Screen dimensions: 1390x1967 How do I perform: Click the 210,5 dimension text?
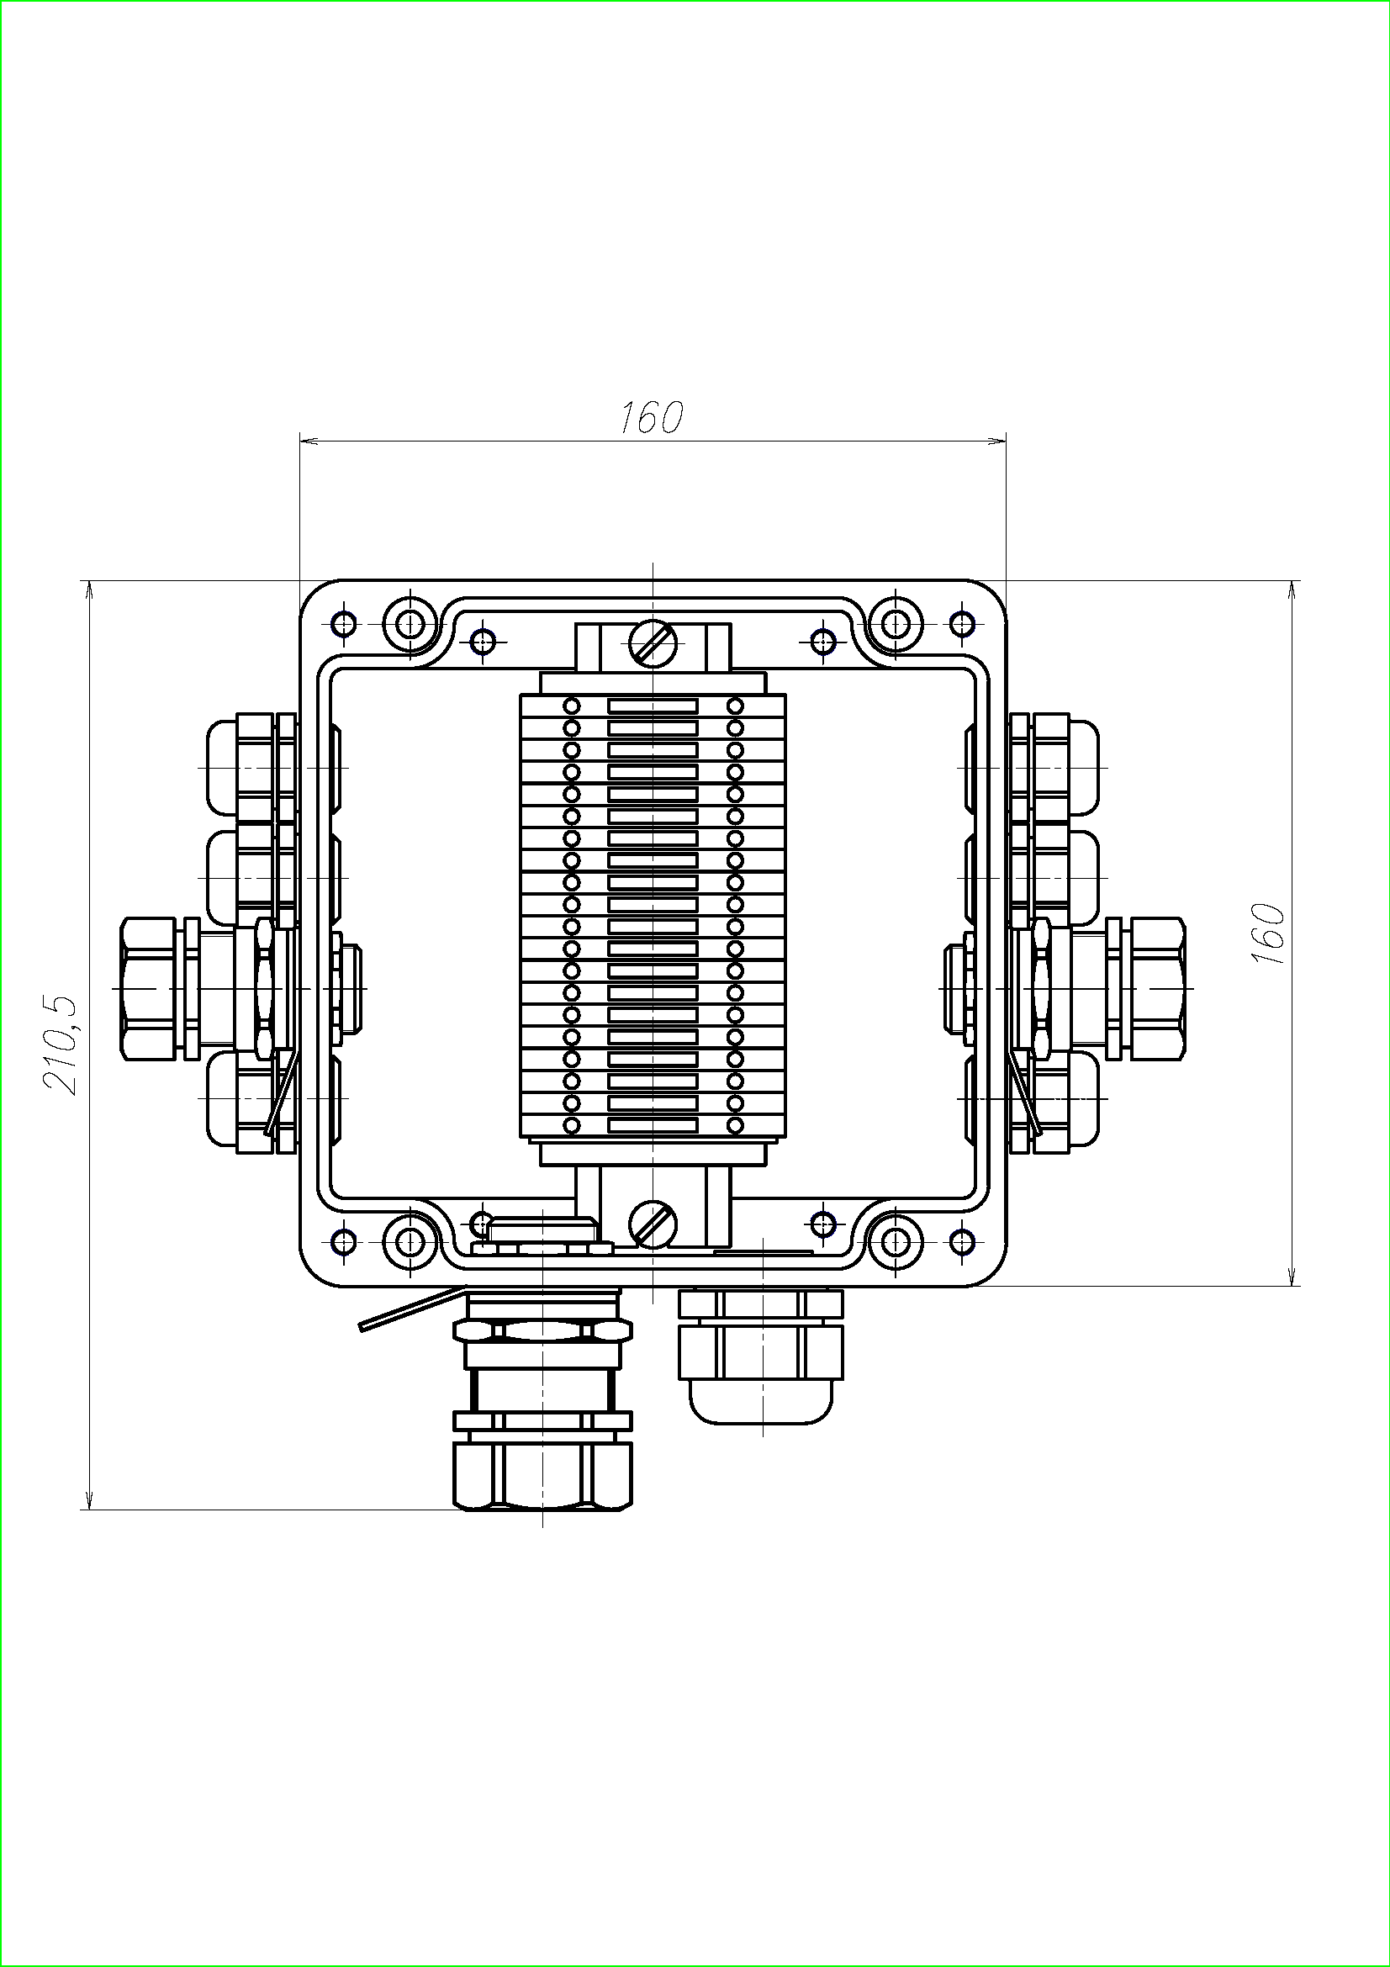pos(61,1045)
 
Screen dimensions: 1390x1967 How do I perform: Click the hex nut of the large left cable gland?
pos(149,989)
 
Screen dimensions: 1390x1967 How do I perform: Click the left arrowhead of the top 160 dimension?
pos(309,442)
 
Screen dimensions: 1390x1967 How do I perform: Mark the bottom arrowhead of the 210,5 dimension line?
pos(88,1500)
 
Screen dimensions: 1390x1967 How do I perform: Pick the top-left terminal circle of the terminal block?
pos(572,706)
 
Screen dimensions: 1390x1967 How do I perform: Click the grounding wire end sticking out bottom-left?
pos(363,1327)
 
